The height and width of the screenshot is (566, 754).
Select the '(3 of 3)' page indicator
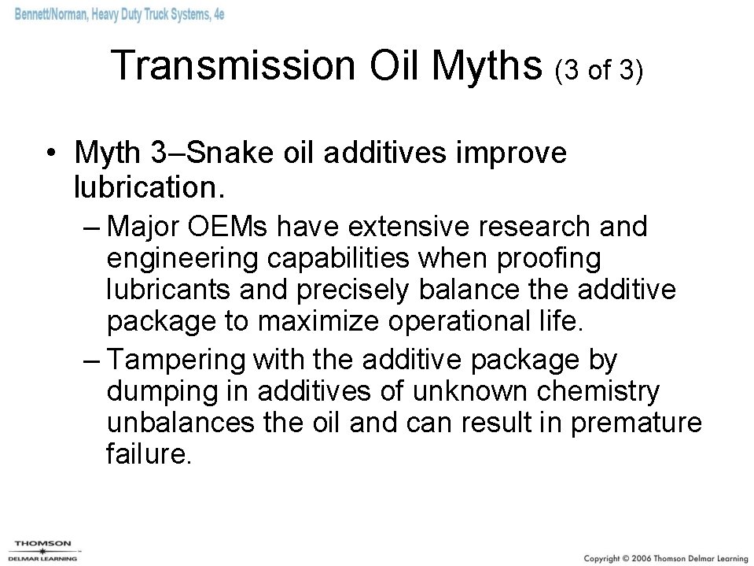tap(599, 72)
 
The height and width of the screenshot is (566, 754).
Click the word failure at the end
tap(148, 455)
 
